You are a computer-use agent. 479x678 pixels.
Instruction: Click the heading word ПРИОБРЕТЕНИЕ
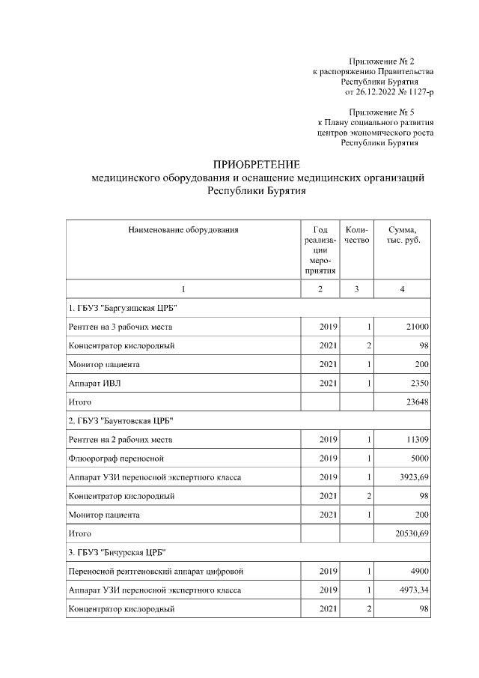pyautogui.click(x=257, y=164)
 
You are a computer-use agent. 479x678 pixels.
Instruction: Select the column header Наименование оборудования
pyautogui.click(x=183, y=229)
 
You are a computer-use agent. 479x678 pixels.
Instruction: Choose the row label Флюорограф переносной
pyautogui.click(x=115, y=458)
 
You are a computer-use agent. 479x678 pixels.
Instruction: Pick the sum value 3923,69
pyautogui.click(x=411, y=477)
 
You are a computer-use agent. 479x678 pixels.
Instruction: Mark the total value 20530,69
pyautogui.click(x=409, y=533)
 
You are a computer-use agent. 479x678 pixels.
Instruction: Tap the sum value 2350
pyautogui.click(x=418, y=384)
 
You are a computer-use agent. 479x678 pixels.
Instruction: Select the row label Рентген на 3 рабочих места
pyautogui.click(x=120, y=327)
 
